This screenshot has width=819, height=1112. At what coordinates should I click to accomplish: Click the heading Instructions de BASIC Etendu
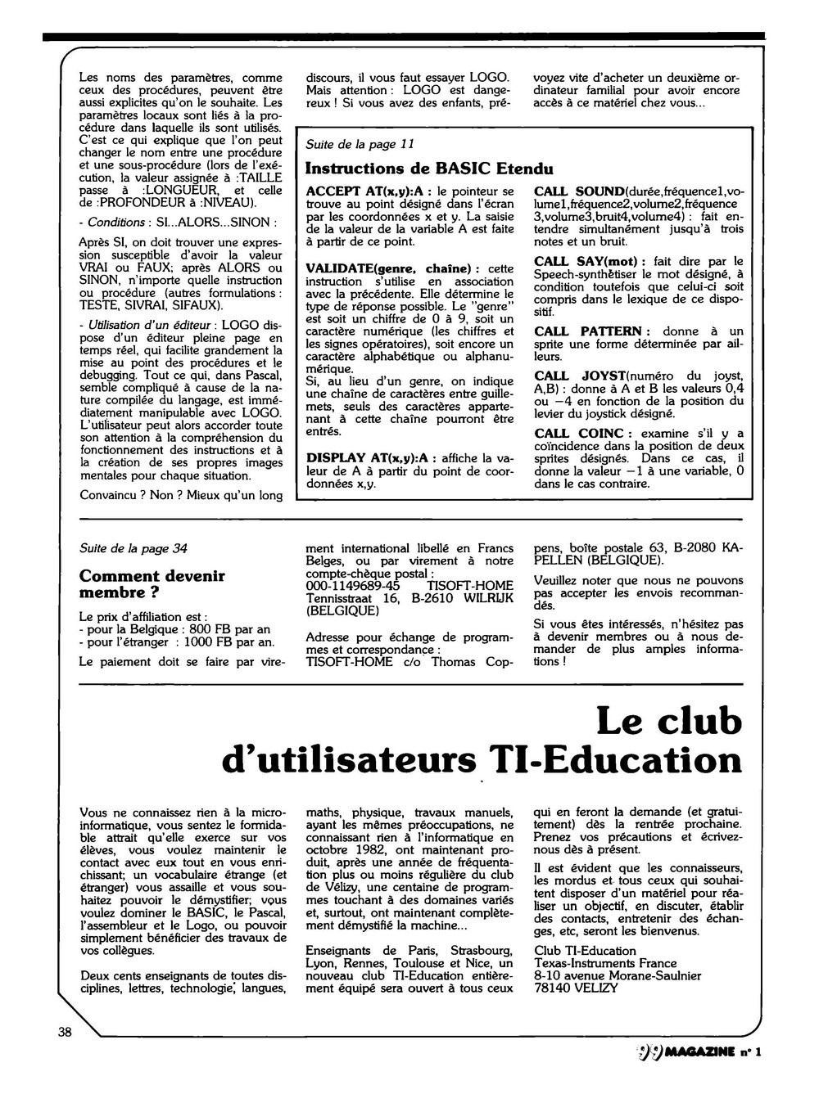428,169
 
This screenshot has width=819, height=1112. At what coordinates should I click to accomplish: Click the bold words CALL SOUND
579,191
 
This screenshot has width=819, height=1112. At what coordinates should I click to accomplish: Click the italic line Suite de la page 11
360,145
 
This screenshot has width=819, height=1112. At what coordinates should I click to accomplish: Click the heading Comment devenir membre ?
152,583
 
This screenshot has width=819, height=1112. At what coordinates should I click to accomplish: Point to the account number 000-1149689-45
352,586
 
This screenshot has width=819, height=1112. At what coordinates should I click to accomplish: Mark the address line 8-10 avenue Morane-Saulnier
617,975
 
